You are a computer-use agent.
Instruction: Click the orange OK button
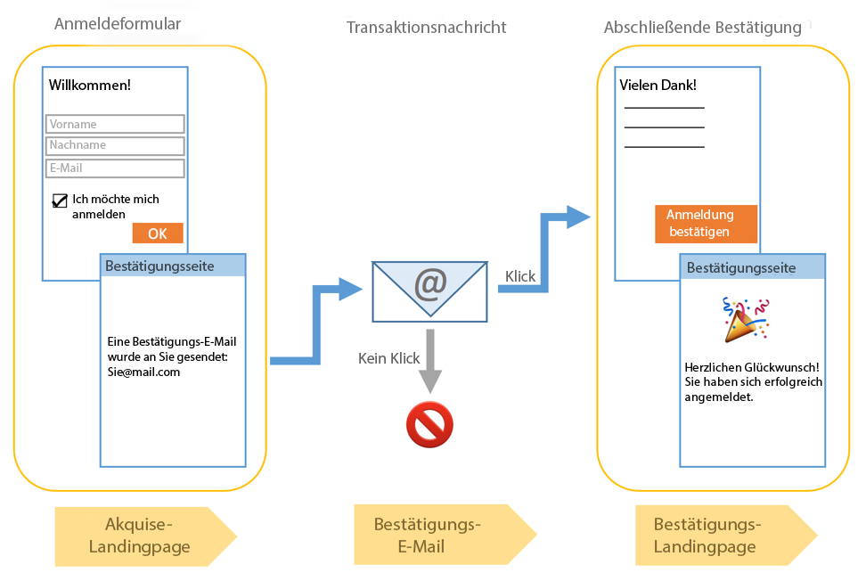click(x=158, y=233)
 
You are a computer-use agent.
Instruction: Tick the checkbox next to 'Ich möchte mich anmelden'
click(x=61, y=200)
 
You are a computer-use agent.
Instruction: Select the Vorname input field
click(x=115, y=124)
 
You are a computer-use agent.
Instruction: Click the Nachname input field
click(x=115, y=145)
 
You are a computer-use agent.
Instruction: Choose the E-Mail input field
click(x=115, y=168)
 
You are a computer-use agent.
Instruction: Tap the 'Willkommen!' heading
click(x=89, y=86)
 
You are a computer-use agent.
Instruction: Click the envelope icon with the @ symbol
click(x=430, y=290)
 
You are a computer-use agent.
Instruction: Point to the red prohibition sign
click(x=429, y=424)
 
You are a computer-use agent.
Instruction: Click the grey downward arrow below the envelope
click(x=430, y=360)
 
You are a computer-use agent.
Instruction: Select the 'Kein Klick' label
click(x=388, y=358)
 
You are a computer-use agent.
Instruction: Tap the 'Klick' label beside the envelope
click(x=520, y=276)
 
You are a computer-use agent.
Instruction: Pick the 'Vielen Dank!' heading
click(x=658, y=86)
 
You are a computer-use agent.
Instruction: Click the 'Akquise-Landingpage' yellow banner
click(x=140, y=536)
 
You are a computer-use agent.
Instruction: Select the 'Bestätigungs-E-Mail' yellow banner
click(x=428, y=535)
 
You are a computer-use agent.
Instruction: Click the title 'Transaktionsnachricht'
click(x=427, y=28)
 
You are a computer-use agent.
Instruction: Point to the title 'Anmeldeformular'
click(x=118, y=24)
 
